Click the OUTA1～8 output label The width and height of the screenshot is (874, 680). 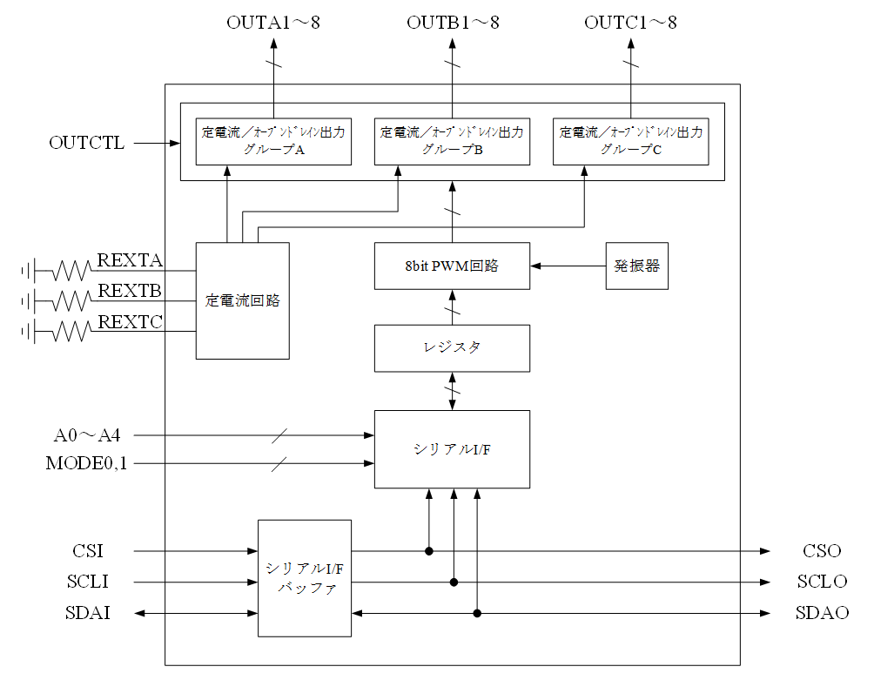click(x=272, y=24)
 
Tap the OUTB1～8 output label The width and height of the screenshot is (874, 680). click(x=453, y=24)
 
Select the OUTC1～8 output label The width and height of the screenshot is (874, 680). click(x=630, y=24)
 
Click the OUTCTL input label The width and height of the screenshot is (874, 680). click(x=86, y=143)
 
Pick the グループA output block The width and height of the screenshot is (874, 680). click(x=273, y=140)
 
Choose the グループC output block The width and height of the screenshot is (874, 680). click(x=630, y=140)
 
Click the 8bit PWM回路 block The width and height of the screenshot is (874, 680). click(x=452, y=266)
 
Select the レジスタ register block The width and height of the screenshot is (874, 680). click(x=452, y=347)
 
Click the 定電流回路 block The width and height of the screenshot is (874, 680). click(x=243, y=300)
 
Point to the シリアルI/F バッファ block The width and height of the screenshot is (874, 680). click(x=305, y=578)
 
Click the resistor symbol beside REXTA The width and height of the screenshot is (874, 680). click(x=71, y=271)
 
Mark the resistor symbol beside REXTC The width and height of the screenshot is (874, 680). click(x=71, y=331)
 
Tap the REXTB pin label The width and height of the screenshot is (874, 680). click(x=130, y=290)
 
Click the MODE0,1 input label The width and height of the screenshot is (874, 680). click(x=86, y=463)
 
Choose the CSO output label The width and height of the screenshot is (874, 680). click(x=822, y=551)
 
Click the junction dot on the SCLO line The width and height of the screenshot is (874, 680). click(x=454, y=582)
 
